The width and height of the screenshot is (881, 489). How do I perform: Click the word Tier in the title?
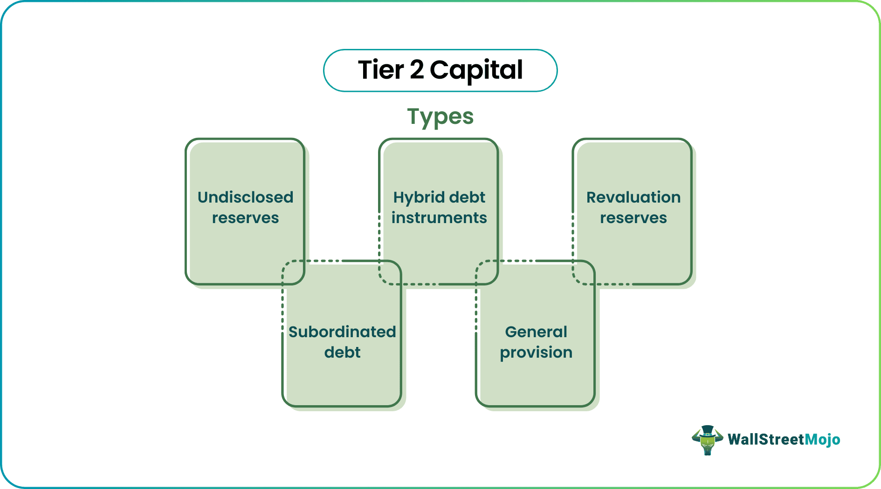click(380, 70)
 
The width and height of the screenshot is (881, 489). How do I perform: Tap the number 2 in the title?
click(417, 70)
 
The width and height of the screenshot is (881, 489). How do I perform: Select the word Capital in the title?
click(476, 70)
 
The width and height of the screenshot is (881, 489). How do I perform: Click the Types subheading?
click(440, 116)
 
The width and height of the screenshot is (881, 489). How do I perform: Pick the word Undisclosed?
click(245, 197)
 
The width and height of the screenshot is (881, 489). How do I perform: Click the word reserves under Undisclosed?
click(245, 217)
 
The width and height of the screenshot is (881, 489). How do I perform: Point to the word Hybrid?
click(418, 197)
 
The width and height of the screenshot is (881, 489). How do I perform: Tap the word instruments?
click(439, 217)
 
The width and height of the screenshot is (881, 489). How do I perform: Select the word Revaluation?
click(633, 197)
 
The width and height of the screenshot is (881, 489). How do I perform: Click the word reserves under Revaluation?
click(633, 217)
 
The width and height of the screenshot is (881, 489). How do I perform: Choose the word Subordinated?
click(342, 332)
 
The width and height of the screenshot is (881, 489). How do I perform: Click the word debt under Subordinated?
click(342, 352)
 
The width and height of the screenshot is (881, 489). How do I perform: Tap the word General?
click(536, 332)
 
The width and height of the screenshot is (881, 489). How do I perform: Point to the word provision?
click(536, 353)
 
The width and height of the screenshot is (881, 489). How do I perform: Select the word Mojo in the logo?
click(822, 439)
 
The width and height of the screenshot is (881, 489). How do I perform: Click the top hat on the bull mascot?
click(707, 429)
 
